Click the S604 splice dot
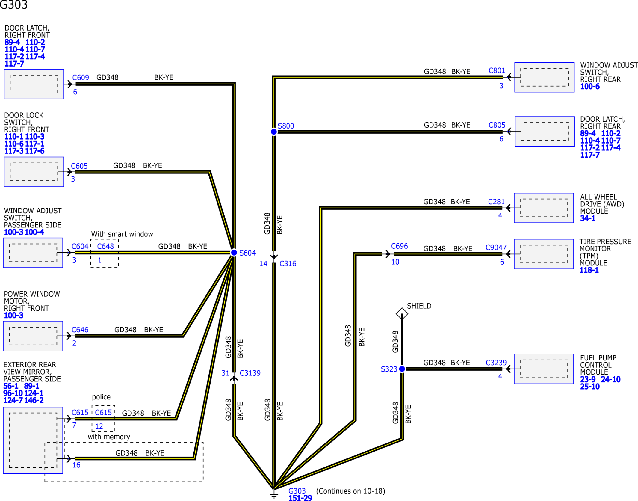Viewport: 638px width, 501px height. point(234,253)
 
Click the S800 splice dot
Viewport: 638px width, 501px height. point(274,132)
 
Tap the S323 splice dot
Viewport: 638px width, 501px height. point(402,369)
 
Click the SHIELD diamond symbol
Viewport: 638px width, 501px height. point(402,313)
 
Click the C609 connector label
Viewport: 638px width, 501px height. point(81,78)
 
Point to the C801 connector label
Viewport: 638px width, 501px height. point(497,71)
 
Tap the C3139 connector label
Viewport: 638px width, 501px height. point(250,373)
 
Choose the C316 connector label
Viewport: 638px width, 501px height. point(288,264)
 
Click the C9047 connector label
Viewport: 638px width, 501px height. point(496,248)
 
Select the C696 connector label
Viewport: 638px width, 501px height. point(399,246)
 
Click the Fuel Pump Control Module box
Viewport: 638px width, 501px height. point(544,369)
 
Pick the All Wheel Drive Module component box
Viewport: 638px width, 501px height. point(544,208)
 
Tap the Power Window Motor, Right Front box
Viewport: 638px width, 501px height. point(33,336)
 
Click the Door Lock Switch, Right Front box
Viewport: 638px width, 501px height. point(34,172)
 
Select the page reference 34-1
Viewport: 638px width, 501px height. point(588,218)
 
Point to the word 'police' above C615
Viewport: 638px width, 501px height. point(101,397)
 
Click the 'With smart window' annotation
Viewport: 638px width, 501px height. point(122,234)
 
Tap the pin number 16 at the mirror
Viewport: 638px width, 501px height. point(76,465)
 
